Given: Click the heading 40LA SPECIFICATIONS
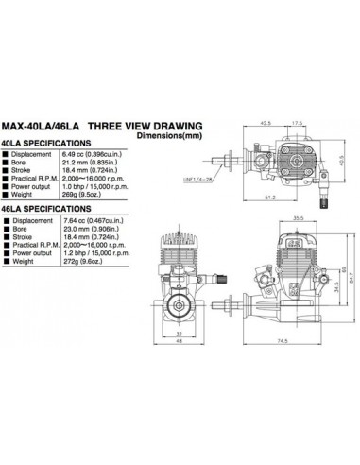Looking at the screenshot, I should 46,144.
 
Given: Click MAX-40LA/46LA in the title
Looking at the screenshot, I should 39,125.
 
